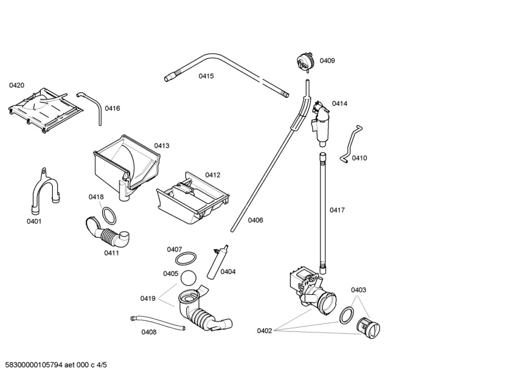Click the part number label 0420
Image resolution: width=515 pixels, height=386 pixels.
pos(16,86)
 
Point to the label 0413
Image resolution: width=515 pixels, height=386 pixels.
pos(162,146)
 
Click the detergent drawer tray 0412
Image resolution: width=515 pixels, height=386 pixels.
pos(192,198)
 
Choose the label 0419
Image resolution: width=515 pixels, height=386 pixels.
pos(148,298)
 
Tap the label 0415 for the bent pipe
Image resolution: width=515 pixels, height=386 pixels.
pos(206,77)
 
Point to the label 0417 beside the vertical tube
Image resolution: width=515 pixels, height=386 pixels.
pos(337,210)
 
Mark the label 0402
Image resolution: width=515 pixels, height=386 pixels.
pos(264,331)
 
